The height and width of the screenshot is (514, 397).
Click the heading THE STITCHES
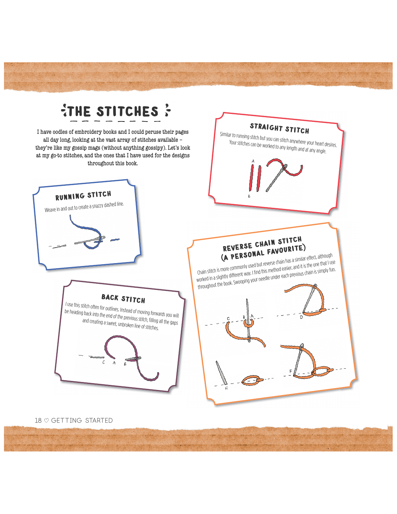(x=113, y=111)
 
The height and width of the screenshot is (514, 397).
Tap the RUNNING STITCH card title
(x=83, y=196)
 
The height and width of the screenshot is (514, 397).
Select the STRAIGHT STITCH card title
(x=279, y=128)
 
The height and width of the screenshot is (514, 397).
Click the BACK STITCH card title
(x=123, y=299)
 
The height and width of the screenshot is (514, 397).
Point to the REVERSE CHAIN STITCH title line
(x=262, y=244)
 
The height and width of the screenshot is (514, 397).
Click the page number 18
(x=38, y=420)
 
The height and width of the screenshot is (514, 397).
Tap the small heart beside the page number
(x=47, y=421)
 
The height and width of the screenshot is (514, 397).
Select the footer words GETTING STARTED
(x=82, y=420)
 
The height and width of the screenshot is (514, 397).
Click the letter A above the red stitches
(x=253, y=161)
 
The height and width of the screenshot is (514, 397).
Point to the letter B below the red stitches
(x=249, y=196)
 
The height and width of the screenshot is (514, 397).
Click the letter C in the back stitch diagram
(x=104, y=362)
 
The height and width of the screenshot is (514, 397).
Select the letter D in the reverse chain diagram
(x=301, y=317)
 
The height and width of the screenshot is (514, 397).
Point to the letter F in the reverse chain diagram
(x=291, y=371)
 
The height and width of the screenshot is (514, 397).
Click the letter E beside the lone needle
(x=226, y=388)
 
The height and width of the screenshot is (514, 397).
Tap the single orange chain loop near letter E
(x=252, y=380)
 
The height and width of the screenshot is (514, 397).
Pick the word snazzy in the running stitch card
(x=97, y=206)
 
